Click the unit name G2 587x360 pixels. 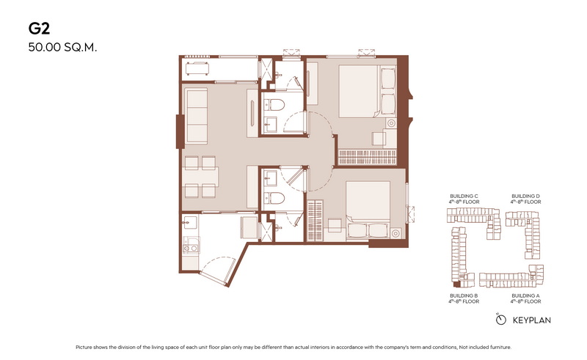point(39,29)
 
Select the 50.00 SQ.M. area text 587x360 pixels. point(62,48)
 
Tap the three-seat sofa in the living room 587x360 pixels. point(196,116)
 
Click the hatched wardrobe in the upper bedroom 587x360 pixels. point(368,157)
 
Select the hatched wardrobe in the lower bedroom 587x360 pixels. point(315,221)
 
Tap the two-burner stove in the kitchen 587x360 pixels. point(190,248)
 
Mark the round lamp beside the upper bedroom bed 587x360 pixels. point(391,123)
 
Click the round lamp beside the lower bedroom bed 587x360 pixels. point(395,234)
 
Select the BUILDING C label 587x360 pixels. point(464,196)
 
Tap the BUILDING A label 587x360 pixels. point(525,295)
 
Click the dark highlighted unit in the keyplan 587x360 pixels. point(456,284)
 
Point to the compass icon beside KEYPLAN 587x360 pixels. point(500,319)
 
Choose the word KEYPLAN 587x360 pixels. point(531,320)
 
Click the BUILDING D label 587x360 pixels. point(525,196)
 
